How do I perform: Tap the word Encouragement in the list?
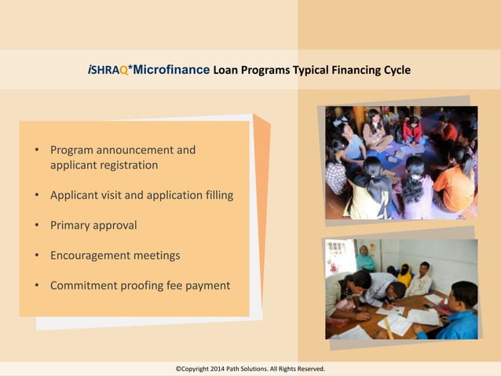click(x=88, y=256)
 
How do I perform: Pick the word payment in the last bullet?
click(x=208, y=286)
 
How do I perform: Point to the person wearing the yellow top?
click(x=404, y=275)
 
